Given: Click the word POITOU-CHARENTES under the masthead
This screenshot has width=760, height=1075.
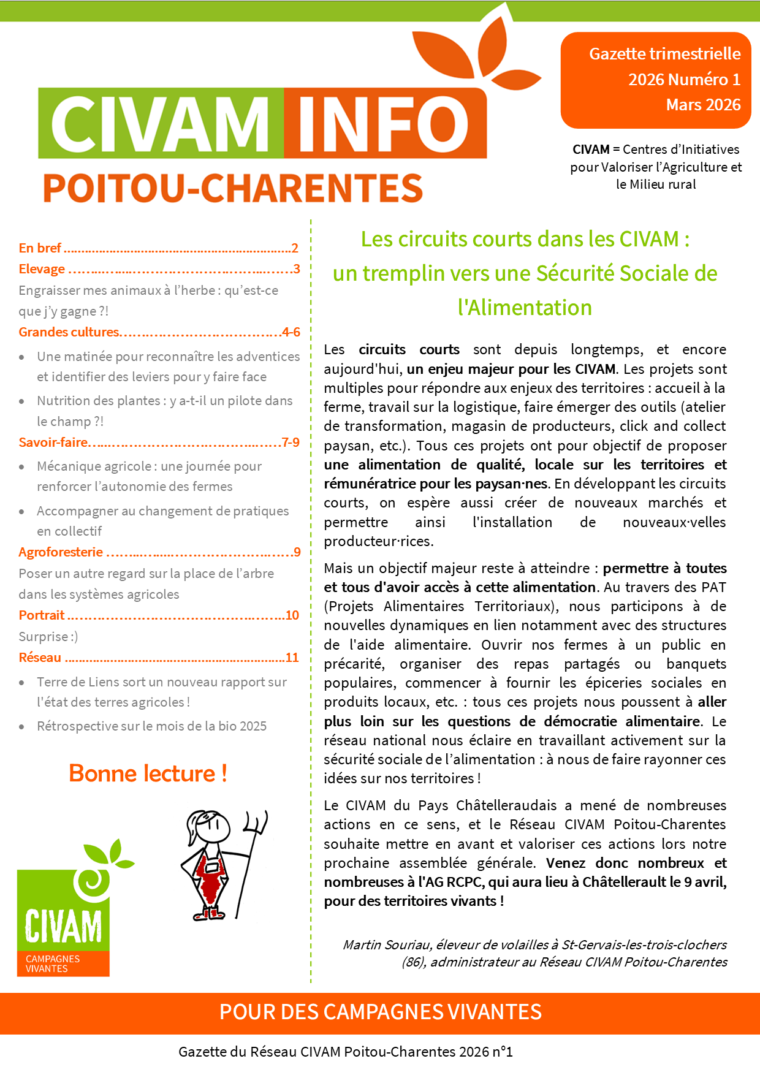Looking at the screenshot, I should (x=233, y=188).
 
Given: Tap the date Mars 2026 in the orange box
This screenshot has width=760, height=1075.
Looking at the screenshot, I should (x=703, y=105).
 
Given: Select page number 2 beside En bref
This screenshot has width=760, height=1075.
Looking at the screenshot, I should (x=295, y=248).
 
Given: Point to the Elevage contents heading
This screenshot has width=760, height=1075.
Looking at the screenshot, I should (x=42, y=269).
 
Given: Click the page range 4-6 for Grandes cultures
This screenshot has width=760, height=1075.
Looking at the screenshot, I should (x=291, y=332).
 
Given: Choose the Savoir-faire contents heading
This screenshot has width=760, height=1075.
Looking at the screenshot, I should (x=53, y=443).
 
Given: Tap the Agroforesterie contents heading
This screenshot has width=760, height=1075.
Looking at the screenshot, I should (x=61, y=552).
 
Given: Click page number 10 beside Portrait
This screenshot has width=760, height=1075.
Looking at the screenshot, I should (x=292, y=615).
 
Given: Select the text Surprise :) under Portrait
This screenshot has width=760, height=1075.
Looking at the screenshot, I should (x=48, y=637).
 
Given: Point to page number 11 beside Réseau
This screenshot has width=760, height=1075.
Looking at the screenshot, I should (x=292, y=658).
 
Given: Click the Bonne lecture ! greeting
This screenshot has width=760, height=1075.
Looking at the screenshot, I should (x=148, y=773).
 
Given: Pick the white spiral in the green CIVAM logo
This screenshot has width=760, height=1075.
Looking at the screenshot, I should (x=92, y=881).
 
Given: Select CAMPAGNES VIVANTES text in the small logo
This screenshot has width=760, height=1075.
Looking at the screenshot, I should (x=53, y=963).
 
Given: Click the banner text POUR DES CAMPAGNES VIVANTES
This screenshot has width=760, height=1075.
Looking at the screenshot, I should (x=380, y=1012).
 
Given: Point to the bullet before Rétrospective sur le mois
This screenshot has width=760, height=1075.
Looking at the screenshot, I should (x=22, y=727).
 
